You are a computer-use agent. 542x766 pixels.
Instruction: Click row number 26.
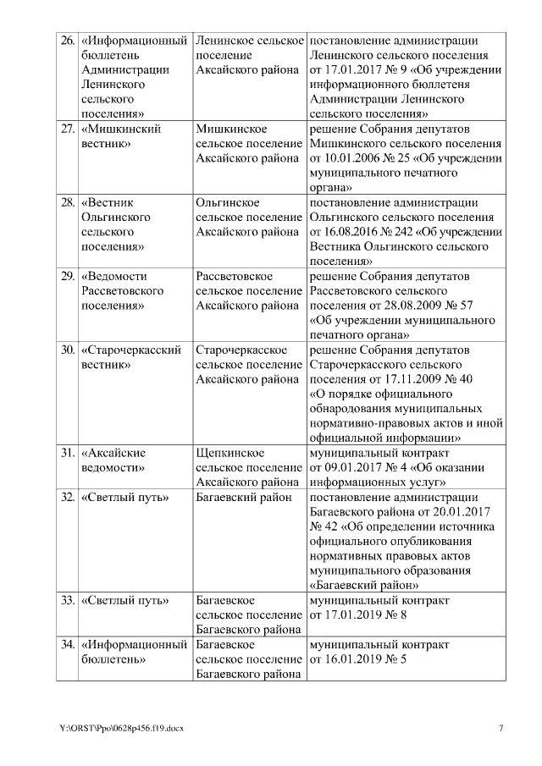coord(67,41)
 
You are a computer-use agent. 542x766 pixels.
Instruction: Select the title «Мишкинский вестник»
coord(119,136)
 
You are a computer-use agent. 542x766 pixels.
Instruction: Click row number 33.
coord(67,600)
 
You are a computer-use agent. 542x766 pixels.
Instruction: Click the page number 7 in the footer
coord(500,729)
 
